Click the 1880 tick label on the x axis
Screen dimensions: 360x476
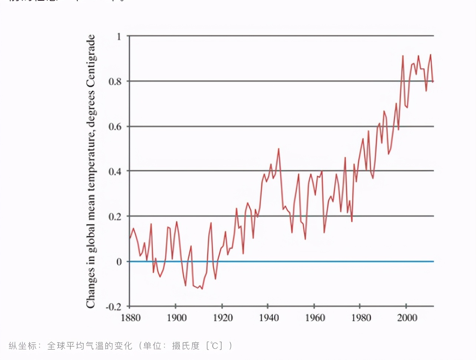[130, 318]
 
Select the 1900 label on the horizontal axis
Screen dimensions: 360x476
[176, 318]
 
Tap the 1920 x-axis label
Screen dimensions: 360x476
[223, 318]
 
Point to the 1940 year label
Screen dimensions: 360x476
[269, 318]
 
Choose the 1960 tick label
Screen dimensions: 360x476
[315, 318]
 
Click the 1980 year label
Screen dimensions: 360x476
[361, 318]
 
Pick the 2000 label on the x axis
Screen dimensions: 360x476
[407, 318]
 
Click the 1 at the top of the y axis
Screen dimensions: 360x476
[119, 37]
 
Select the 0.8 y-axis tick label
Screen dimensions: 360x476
[115, 81]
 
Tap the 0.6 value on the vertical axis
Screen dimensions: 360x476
[115, 127]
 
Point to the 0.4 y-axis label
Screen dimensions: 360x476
[115, 171]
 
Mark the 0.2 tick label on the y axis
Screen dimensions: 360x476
[115, 217]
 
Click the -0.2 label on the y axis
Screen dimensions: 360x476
[113, 307]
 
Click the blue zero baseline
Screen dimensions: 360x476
[282, 261]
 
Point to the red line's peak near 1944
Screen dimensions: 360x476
[278, 149]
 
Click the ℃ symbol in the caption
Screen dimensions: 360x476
[214, 346]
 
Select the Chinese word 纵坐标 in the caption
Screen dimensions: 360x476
[23, 346]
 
